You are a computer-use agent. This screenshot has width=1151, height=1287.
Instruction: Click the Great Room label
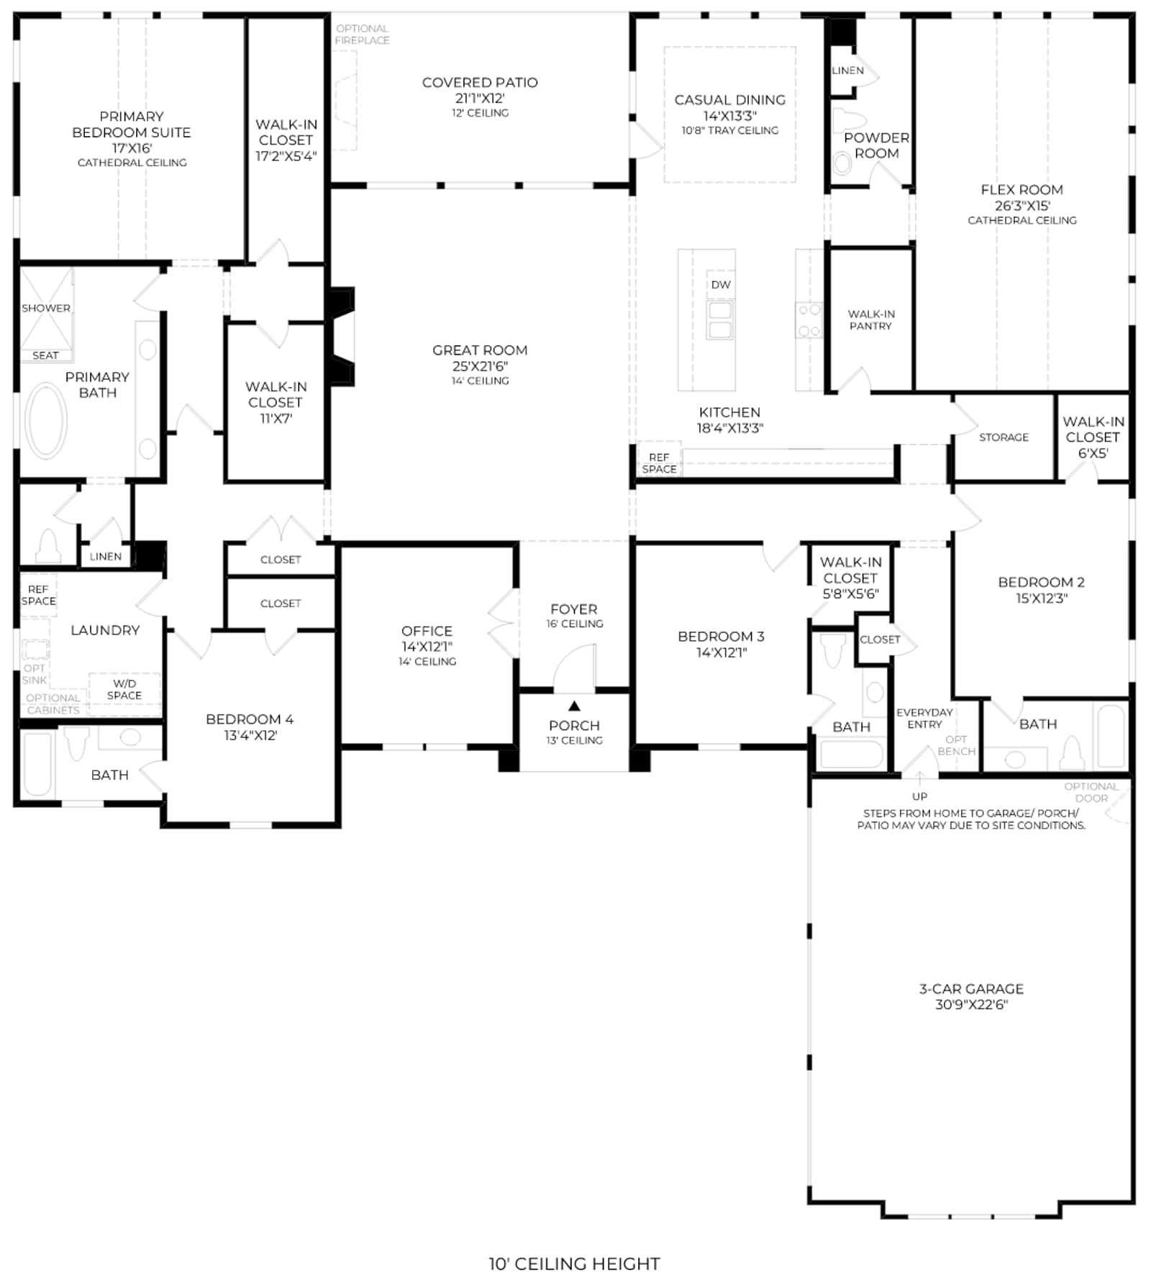point(480,350)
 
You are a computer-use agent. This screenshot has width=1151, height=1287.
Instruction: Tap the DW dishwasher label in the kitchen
point(721,285)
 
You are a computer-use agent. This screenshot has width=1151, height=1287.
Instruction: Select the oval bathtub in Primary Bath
point(46,421)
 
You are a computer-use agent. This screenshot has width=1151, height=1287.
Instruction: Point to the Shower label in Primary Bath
point(46,308)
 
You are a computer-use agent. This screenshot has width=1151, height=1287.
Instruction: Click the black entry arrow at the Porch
point(574,706)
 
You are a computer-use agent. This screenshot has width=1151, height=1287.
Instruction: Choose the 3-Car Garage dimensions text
point(971,1004)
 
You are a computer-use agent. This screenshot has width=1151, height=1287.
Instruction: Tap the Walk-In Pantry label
point(871,320)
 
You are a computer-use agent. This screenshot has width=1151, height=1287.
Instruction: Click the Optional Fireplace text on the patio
point(362,35)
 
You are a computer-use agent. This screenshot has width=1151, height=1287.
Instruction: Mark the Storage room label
point(1004,437)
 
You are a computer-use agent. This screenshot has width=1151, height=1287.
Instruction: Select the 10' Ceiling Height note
point(574,1264)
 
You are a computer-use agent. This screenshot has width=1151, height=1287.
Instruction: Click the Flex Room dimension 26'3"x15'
point(1022,206)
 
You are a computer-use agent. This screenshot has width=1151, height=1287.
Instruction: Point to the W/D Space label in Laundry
point(124,689)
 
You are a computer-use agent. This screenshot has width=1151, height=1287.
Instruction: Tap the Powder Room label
point(877,145)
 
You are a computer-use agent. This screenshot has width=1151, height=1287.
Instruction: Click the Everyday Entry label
point(924,718)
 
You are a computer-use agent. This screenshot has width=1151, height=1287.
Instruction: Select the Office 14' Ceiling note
point(427,662)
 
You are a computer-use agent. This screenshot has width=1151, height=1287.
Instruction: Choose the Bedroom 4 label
point(250,719)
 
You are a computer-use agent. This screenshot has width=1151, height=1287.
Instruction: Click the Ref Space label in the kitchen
point(659,463)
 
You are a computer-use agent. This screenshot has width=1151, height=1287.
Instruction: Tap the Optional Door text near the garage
point(1091,792)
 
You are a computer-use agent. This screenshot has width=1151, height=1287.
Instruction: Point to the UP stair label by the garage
point(919,796)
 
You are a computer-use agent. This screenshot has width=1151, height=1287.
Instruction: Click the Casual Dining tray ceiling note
point(730,130)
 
